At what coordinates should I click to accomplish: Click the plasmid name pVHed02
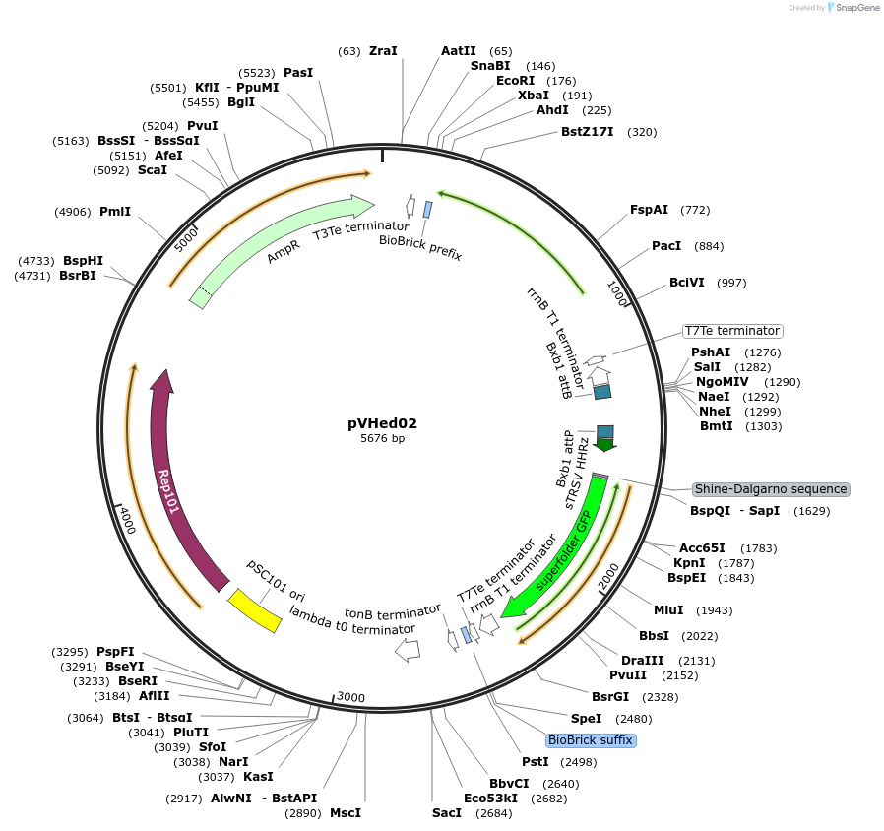pos(382,423)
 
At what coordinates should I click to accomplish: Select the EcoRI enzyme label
pos(515,81)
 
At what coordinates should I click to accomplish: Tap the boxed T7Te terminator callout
pos(732,331)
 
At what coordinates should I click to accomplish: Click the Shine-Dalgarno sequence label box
pos(770,489)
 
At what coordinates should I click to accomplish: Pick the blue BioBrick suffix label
pos(591,739)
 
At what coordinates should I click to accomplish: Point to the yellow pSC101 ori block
pos(253,610)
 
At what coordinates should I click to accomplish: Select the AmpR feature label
pos(283,256)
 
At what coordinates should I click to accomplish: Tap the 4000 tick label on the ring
pos(125,519)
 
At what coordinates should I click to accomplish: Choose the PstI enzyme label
pos(535,762)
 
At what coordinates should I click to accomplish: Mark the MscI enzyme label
pos(345,813)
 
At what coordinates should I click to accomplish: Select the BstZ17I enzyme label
pos(587,132)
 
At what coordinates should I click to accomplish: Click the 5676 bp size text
pos(382,439)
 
